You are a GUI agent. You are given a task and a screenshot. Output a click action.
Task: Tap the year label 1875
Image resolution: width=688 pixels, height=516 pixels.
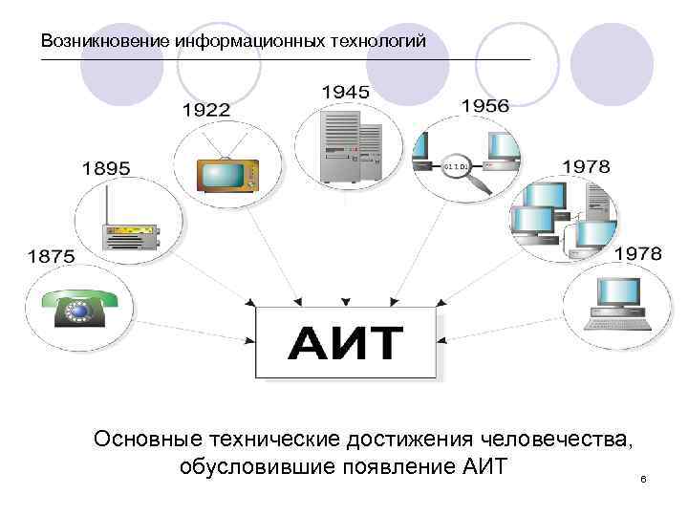click(52, 256)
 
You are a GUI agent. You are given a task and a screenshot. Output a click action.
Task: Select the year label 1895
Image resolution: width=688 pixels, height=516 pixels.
click(106, 168)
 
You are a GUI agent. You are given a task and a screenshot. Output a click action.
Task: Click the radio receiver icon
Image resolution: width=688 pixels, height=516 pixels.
click(128, 234)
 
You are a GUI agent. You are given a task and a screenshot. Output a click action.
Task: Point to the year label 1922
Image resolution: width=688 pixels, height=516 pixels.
click(205, 110)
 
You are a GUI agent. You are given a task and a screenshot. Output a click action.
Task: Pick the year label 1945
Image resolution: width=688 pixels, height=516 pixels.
click(346, 92)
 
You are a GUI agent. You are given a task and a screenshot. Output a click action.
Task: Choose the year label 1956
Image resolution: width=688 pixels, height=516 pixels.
click(484, 106)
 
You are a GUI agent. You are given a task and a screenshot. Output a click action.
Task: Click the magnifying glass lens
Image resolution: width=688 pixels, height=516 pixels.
click(458, 168)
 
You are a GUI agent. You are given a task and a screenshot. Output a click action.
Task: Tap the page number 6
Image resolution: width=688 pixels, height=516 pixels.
click(644, 478)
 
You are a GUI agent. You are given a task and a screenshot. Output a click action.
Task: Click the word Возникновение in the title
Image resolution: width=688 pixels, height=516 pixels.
click(104, 41)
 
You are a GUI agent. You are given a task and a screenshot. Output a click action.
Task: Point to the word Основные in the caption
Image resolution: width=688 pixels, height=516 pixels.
click(148, 439)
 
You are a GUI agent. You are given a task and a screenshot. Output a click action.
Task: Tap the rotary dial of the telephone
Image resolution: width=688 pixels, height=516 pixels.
click(76, 310)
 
